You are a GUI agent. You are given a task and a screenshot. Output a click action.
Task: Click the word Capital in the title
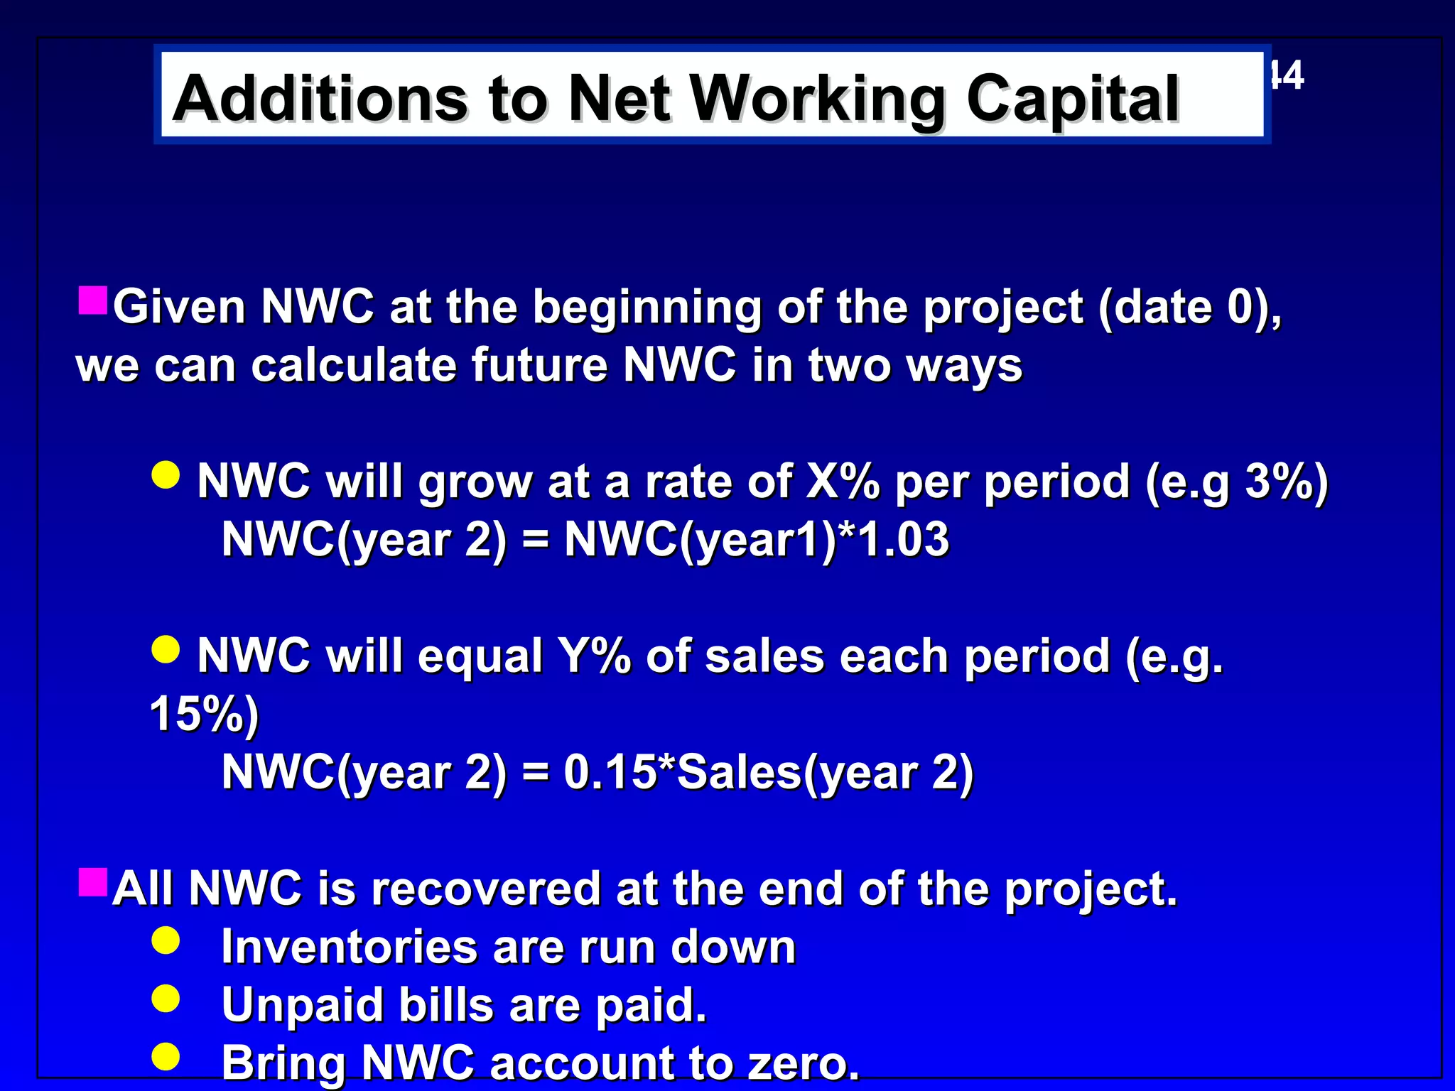[1072, 99]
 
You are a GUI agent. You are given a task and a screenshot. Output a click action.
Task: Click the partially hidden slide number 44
[1287, 75]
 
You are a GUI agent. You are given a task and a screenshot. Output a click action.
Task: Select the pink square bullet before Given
[93, 300]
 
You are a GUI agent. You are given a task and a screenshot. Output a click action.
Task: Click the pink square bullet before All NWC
[93, 882]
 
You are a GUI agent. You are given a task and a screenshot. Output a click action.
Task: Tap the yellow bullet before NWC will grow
[166, 474]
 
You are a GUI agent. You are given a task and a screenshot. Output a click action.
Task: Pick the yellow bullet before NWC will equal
[166, 649]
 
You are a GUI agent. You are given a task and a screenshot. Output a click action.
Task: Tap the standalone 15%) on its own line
[205, 713]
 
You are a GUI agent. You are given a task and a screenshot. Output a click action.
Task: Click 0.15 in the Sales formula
[609, 772]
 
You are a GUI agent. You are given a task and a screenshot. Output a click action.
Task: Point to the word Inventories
[350, 947]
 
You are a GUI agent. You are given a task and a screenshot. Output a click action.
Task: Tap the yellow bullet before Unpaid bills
[166, 999]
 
